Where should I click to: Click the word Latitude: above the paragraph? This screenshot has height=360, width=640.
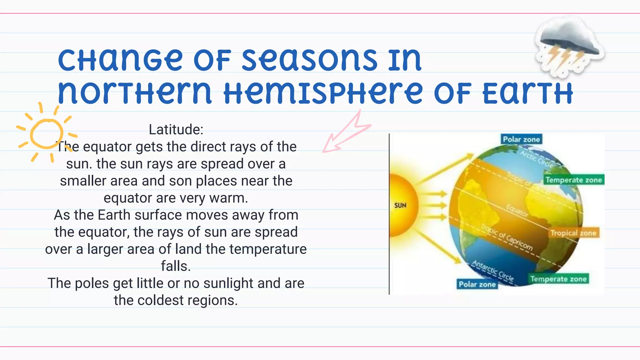pos(176,129)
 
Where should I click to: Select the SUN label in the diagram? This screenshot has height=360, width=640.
pos(400,205)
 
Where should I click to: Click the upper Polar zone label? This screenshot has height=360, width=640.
pos(521,139)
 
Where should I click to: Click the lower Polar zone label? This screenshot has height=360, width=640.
pos(477,284)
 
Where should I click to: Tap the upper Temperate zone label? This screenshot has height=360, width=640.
pos(574,180)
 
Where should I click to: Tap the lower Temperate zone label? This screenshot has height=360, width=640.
pos(558,279)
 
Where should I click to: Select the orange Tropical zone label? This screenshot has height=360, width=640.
pos(573,233)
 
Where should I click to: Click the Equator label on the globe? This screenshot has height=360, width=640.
pos(517,211)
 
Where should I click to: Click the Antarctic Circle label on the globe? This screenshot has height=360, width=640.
pos(493,271)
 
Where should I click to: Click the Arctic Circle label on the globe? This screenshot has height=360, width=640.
pos(536,158)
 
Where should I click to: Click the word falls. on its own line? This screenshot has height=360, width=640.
pos(176,266)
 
